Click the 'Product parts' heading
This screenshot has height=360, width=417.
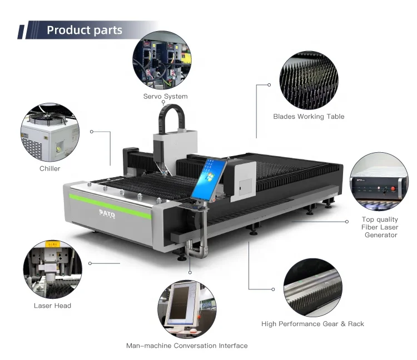coord(85,30)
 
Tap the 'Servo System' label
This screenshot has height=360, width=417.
coord(165,96)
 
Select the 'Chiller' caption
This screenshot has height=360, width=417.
coord(49,168)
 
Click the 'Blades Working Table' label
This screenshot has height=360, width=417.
coord(309,117)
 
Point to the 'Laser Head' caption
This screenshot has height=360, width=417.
coord(52,306)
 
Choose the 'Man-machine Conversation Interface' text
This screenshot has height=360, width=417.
coord(187,346)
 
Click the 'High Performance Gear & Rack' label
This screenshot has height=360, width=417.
coord(312,323)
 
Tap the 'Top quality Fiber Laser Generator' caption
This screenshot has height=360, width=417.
coord(380,227)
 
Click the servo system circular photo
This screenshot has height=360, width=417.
coord(161,60)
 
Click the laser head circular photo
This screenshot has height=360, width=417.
coord(53,269)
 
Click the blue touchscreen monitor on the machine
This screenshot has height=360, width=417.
coord(211,177)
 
